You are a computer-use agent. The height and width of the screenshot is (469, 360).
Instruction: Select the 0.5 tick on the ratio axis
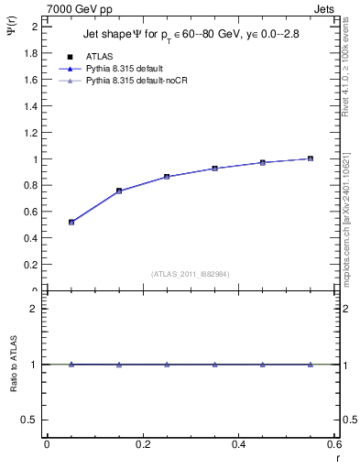coord(29,420)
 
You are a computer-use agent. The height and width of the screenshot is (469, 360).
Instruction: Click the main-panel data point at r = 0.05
coord(71,222)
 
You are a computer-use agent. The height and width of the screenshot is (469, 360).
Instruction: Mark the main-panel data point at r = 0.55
coord(311,158)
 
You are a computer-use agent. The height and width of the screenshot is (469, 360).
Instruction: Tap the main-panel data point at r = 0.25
coord(167,177)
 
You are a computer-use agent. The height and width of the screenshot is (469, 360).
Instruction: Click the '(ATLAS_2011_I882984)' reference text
coord(190,274)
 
